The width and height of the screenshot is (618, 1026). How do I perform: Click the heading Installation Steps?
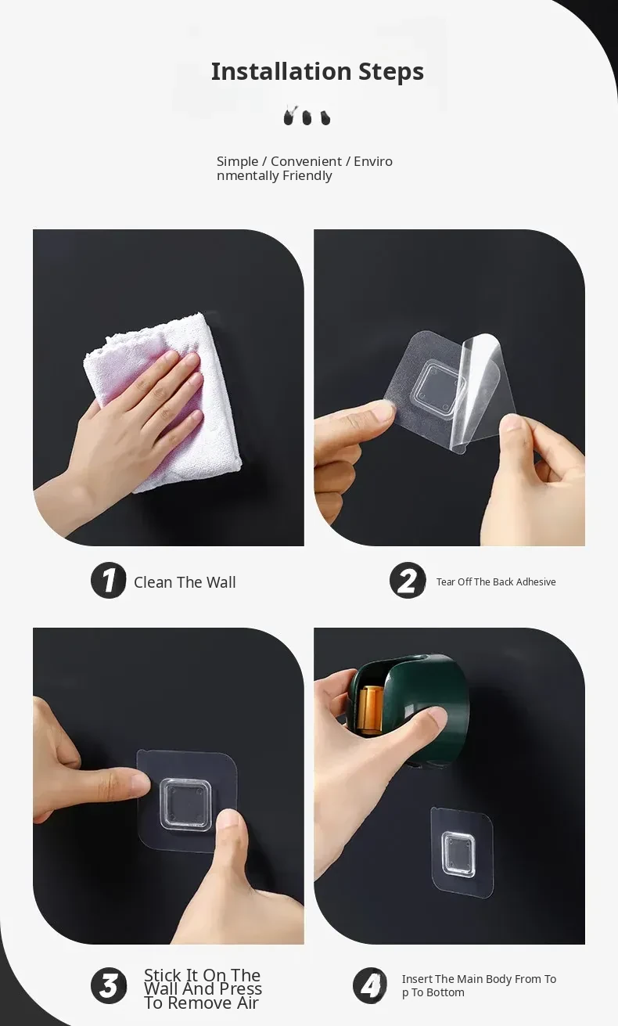pyautogui.click(x=318, y=71)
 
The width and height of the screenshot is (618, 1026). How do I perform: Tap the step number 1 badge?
pyautogui.click(x=109, y=581)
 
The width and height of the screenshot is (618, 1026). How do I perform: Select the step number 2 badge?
pyautogui.click(x=408, y=581)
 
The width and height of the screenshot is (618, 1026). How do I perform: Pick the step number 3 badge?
pyautogui.click(x=109, y=985)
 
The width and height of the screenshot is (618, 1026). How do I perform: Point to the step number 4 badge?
pyautogui.click(x=370, y=985)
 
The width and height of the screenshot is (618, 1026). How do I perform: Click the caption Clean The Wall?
pyautogui.click(x=185, y=582)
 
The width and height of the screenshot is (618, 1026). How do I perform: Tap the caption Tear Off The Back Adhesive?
pyautogui.click(x=496, y=581)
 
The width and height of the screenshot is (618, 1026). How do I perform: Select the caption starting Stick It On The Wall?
pyautogui.click(x=203, y=989)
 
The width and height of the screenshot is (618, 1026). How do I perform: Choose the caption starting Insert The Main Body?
pyautogui.click(x=479, y=985)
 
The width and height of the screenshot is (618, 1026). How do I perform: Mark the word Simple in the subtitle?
pyautogui.click(x=237, y=162)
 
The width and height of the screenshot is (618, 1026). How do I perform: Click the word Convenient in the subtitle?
pyautogui.click(x=306, y=161)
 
